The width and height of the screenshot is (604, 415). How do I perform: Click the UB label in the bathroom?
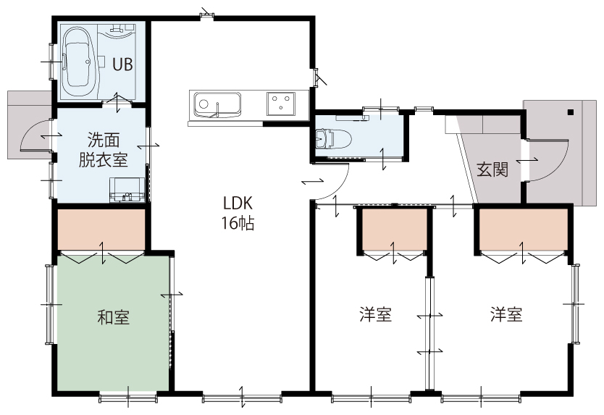point(122,64)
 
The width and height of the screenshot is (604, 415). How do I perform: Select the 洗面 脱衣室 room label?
point(104,150)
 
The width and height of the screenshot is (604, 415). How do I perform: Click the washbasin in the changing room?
point(127,190)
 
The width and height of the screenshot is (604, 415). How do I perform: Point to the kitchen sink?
point(218,104)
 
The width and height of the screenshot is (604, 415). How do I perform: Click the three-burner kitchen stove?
point(281,104)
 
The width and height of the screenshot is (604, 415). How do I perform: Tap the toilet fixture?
point(333,139)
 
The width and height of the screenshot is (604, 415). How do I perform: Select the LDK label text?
point(238,203)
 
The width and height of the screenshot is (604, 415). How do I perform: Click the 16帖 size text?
point(238,223)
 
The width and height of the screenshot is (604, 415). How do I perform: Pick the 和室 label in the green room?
point(113,317)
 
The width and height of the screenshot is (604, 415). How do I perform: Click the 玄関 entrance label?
point(492,169)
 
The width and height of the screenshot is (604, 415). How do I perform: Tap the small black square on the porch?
point(571,112)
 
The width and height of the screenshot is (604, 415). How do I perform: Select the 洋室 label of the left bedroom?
point(376,314)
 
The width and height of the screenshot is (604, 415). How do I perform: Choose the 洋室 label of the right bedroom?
point(506,314)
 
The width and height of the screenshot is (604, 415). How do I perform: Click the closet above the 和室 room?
point(101,230)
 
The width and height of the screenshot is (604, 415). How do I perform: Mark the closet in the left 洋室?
point(395,230)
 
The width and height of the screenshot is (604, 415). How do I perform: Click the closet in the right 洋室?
point(524,230)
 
